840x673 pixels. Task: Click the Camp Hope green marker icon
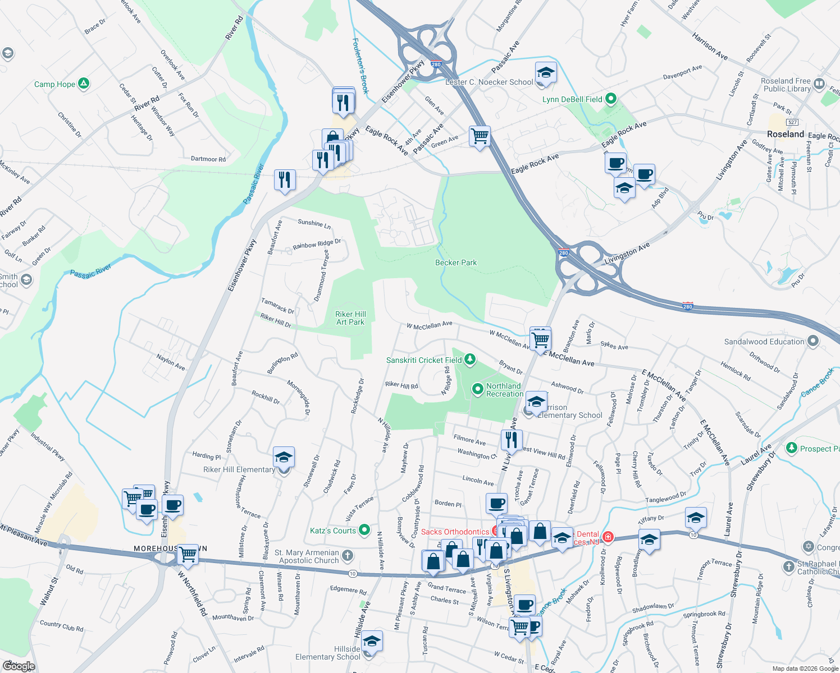(84, 84)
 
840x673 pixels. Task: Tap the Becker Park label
(456, 262)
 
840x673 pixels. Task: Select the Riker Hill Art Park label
(350, 318)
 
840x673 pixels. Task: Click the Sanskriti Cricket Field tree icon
(470, 359)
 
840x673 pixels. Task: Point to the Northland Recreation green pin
(477, 389)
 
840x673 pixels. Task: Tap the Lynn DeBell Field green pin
(611, 99)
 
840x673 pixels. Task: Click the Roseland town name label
(786, 134)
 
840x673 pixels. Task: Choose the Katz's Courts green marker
(364, 529)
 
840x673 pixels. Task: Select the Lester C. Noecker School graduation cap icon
(545, 73)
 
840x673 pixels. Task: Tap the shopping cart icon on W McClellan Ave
(540, 339)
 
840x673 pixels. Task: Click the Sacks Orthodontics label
(455, 532)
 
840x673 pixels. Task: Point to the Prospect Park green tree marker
(792, 448)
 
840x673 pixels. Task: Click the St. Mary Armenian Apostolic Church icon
(348, 556)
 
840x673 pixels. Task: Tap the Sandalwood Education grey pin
(812, 341)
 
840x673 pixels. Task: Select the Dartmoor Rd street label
(208, 159)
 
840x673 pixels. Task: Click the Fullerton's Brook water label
(360, 66)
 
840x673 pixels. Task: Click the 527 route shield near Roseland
(792, 122)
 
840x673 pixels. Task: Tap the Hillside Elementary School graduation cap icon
(371, 640)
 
